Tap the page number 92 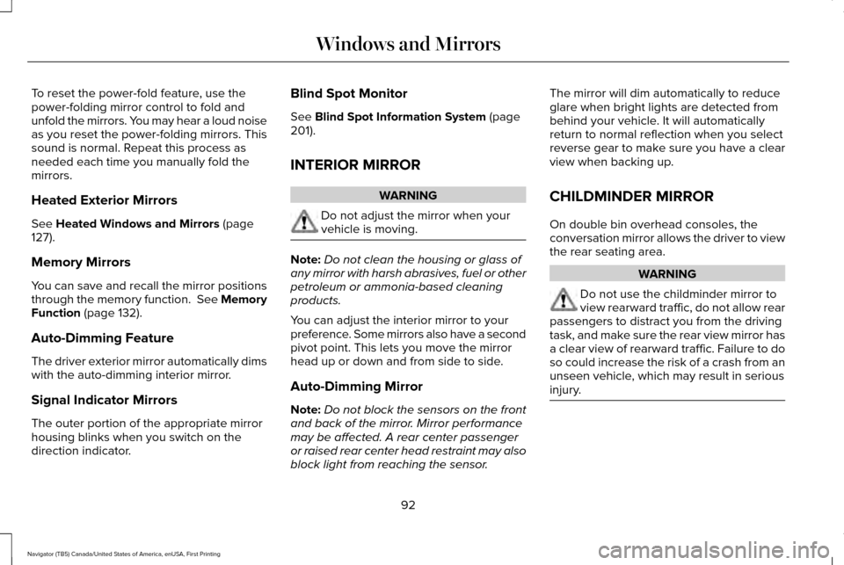pos(409,505)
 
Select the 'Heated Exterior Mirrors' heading pos(104,200)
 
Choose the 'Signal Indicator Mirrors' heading pos(104,400)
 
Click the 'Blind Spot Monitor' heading pos(348,93)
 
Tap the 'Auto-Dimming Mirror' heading pos(356,386)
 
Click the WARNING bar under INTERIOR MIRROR pos(408,195)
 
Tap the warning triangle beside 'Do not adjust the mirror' pos(304,222)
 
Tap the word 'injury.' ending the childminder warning pos(564,389)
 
